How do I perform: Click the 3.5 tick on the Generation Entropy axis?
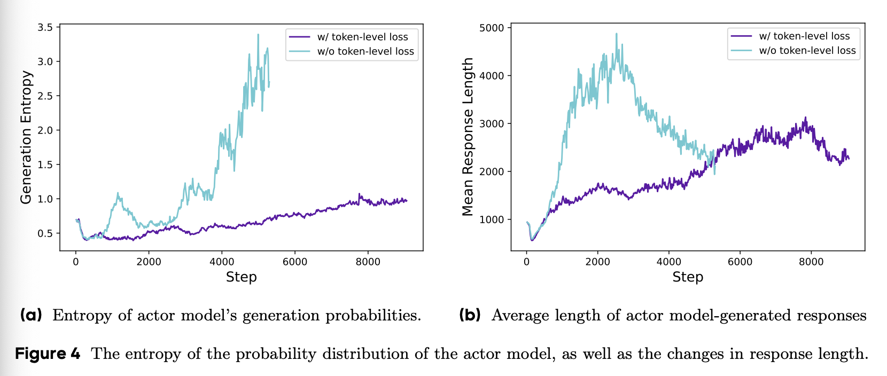point(45,27)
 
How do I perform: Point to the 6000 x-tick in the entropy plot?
point(294,262)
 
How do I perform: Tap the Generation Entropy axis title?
point(26,137)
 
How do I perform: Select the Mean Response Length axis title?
point(468,137)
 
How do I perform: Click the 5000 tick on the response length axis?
point(492,28)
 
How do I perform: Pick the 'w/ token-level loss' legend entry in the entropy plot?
point(362,37)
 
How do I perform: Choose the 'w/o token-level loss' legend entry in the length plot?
point(807,51)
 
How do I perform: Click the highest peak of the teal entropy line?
point(258,35)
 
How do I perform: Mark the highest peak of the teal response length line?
point(616,34)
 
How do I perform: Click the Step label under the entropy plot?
point(241,277)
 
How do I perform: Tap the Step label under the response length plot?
point(688,277)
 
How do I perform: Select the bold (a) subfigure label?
point(31,315)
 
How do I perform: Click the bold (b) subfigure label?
point(470,315)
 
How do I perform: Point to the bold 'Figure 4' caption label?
point(48,354)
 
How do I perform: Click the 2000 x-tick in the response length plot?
point(597,262)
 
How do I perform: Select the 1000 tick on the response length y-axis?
point(492,220)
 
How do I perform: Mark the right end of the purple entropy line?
point(407,201)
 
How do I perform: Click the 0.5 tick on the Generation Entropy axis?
point(45,233)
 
